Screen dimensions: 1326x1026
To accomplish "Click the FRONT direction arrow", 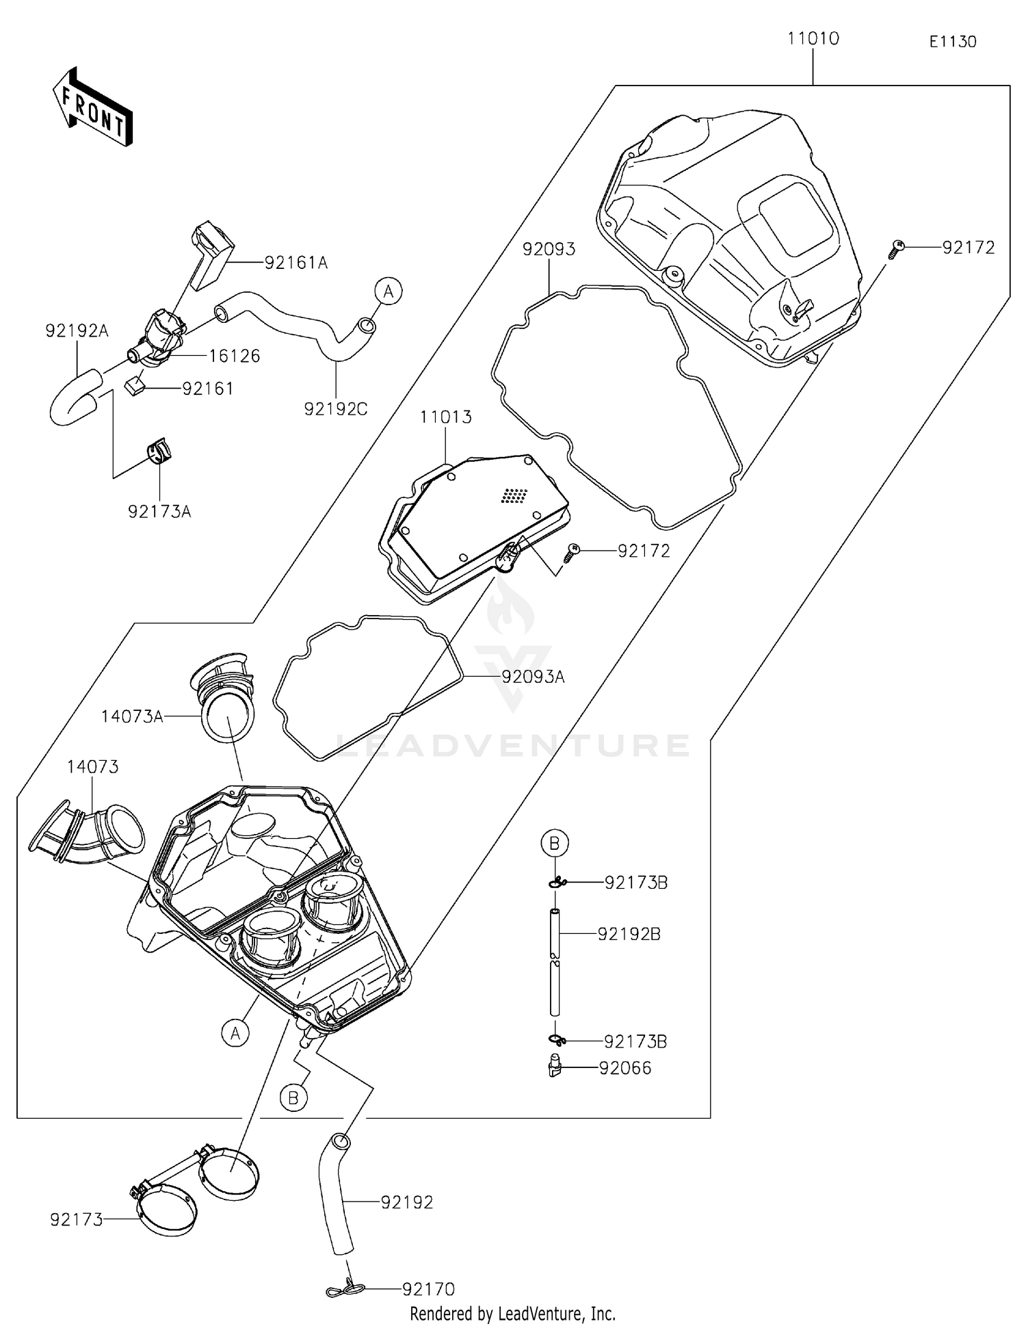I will (93, 108).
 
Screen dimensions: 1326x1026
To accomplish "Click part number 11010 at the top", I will (813, 38).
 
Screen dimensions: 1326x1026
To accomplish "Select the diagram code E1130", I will (952, 42).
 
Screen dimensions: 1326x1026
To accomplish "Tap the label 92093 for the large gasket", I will (549, 249).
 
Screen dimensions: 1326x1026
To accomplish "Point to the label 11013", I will (445, 417).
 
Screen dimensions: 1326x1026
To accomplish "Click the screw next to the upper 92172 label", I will (897, 248).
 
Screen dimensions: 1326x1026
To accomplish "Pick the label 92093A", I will (533, 677).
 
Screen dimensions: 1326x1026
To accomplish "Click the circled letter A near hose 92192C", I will (388, 291).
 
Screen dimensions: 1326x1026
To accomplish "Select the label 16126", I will (234, 356).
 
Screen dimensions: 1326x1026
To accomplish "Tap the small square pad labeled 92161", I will (135, 385).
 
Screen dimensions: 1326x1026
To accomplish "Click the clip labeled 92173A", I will (159, 452).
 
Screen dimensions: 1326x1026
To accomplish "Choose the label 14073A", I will (131, 716).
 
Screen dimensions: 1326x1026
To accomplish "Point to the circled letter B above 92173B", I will (555, 842).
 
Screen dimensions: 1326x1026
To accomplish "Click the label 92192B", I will (629, 934).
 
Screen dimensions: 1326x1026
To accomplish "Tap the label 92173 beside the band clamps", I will (76, 1219).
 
